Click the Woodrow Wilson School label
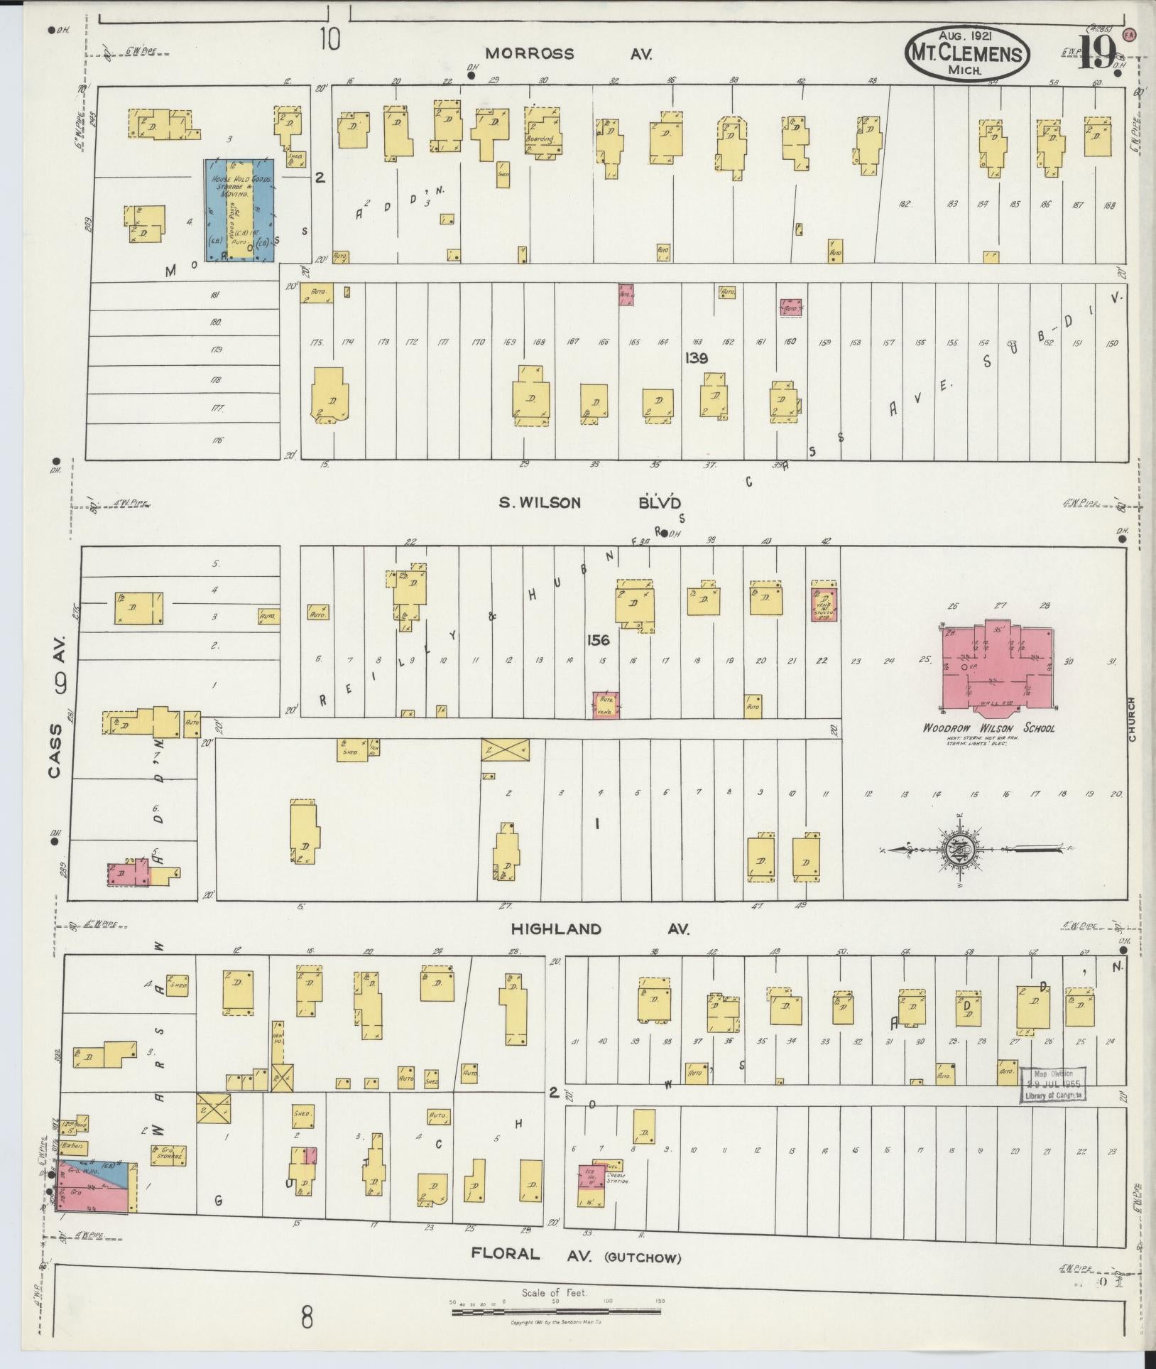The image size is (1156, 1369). [x=988, y=728]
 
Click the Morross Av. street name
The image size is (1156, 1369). [x=568, y=53]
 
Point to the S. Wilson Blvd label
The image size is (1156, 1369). [x=589, y=503]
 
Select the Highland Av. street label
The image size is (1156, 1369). [x=599, y=929]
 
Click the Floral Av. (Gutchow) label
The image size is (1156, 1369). [x=575, y=1254]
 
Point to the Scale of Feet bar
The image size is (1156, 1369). [x=557, y=1311]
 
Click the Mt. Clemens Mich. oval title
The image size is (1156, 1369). [x=967, y=53]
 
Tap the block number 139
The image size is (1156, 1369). [x=696, y=359]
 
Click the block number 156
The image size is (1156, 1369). [x=598, y=640]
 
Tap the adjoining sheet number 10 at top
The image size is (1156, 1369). [x=329, y=39]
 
